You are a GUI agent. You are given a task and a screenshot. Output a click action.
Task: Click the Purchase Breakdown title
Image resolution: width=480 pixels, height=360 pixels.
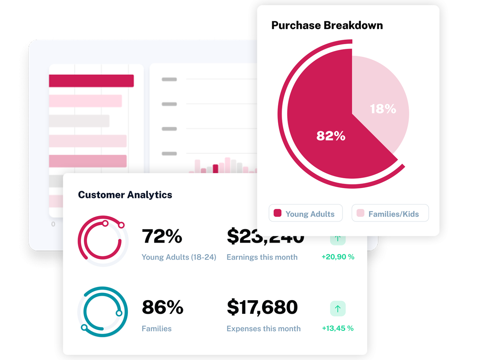pyautogui.click(x=327, y=25)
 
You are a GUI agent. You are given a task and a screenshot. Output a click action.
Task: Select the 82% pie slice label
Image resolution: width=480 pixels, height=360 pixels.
pyautogui.click(x=331, y=136)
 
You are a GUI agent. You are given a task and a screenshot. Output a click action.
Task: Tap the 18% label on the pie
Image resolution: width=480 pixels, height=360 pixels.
pyautogui.click(x=383, y=109)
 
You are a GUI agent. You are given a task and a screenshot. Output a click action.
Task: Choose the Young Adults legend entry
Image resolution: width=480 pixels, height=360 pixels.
pyautogui.click(x=306, y=213)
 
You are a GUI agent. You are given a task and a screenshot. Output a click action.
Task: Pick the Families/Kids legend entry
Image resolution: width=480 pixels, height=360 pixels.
pyautogui.click(x=390, y=213)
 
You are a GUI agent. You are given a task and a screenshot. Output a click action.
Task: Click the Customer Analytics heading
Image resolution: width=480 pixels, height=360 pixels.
pyautogui.click(x=125, y=195)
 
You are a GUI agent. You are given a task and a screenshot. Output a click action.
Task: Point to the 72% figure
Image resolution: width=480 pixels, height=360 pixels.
pyautogui.click(x=162, y=236)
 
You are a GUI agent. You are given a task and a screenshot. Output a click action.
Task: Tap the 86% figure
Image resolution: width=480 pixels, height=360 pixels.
pyautogui.click(x=162, y=307)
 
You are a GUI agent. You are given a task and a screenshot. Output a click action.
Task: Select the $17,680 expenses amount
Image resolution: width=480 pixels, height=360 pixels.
pyautogui.click(x=262, y=307)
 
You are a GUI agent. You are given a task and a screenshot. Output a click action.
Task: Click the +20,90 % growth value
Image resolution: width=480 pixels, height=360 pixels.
pyautogui.click(x=338, y=257)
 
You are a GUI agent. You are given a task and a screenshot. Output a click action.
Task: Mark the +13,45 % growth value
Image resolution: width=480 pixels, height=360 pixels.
pyautogui.click(x=337, y=328)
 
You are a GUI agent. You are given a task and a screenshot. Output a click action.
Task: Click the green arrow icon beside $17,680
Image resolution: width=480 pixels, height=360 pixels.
pyautogui.click(x=337, y=309)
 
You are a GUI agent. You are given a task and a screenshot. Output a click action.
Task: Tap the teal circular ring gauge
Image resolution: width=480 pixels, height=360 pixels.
pyautogui.click(x=103, y=312)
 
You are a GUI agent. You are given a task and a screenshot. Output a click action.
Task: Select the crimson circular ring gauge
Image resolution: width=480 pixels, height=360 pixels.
pyautogui.click(x=103, y=241)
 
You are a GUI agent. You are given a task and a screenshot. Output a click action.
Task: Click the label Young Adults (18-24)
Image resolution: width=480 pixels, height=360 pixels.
pyautogui.click(x=179, y=257)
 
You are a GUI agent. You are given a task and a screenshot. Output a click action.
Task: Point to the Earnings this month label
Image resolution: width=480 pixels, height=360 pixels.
pyautogui.click(x=262, y=257)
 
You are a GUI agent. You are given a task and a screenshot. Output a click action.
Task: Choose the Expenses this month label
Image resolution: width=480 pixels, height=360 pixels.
pyautogui.click(x=263, y=329)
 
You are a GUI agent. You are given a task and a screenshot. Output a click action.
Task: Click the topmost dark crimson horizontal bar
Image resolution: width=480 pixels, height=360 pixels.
pyautogui.click(x=91, y=81)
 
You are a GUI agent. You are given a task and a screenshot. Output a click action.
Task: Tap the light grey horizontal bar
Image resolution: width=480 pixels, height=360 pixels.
pyautogui.click(x=79, y=121)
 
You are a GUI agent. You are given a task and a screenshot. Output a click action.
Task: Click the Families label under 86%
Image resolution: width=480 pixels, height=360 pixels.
pyautogui.click(x=157, y=329)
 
